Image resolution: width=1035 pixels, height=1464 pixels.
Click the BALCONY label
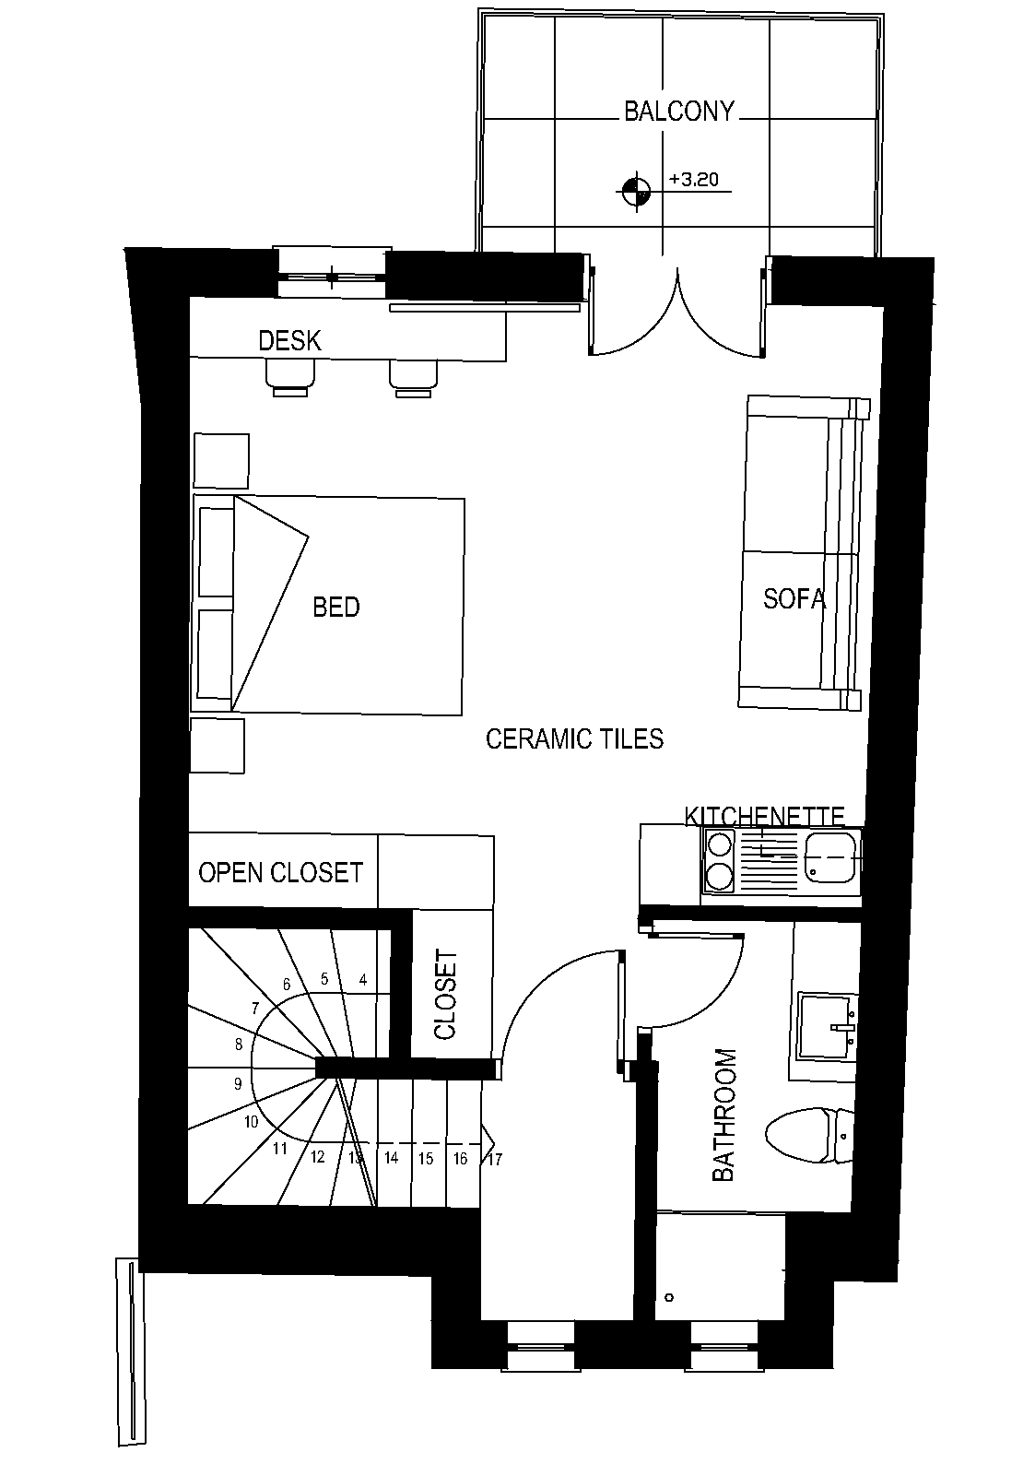click(x=679, y=112)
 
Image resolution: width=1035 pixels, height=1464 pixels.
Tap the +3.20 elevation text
click(x=694, y=179)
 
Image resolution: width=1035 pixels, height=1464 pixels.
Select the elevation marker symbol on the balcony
click(x=635, y=192)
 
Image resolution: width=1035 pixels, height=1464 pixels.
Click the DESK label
click(x=290, y=340)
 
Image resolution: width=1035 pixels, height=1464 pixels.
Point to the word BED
click(x=336, y=608)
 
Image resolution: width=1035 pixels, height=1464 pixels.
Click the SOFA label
click(x=794, y=598)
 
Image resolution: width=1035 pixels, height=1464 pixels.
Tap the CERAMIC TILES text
click(x=574, y=739)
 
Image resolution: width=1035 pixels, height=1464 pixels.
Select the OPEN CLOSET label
click(x=280, y=872)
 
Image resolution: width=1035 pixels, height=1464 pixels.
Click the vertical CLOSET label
click(x=445, y=994)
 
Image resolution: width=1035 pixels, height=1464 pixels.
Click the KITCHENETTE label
click(x=764, y=816)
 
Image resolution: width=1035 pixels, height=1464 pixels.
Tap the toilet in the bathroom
click(x=809, y=1135)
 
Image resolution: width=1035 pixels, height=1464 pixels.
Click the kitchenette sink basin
click(x=829, y=856)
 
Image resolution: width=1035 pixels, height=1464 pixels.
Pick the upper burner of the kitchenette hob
click(x=720, y=845)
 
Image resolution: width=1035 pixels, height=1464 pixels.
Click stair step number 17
click(x=495, y=1159)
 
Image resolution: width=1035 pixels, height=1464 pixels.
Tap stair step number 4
click(x=363, y=979)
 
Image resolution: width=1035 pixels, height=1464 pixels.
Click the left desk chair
click(x=290, y=378)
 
